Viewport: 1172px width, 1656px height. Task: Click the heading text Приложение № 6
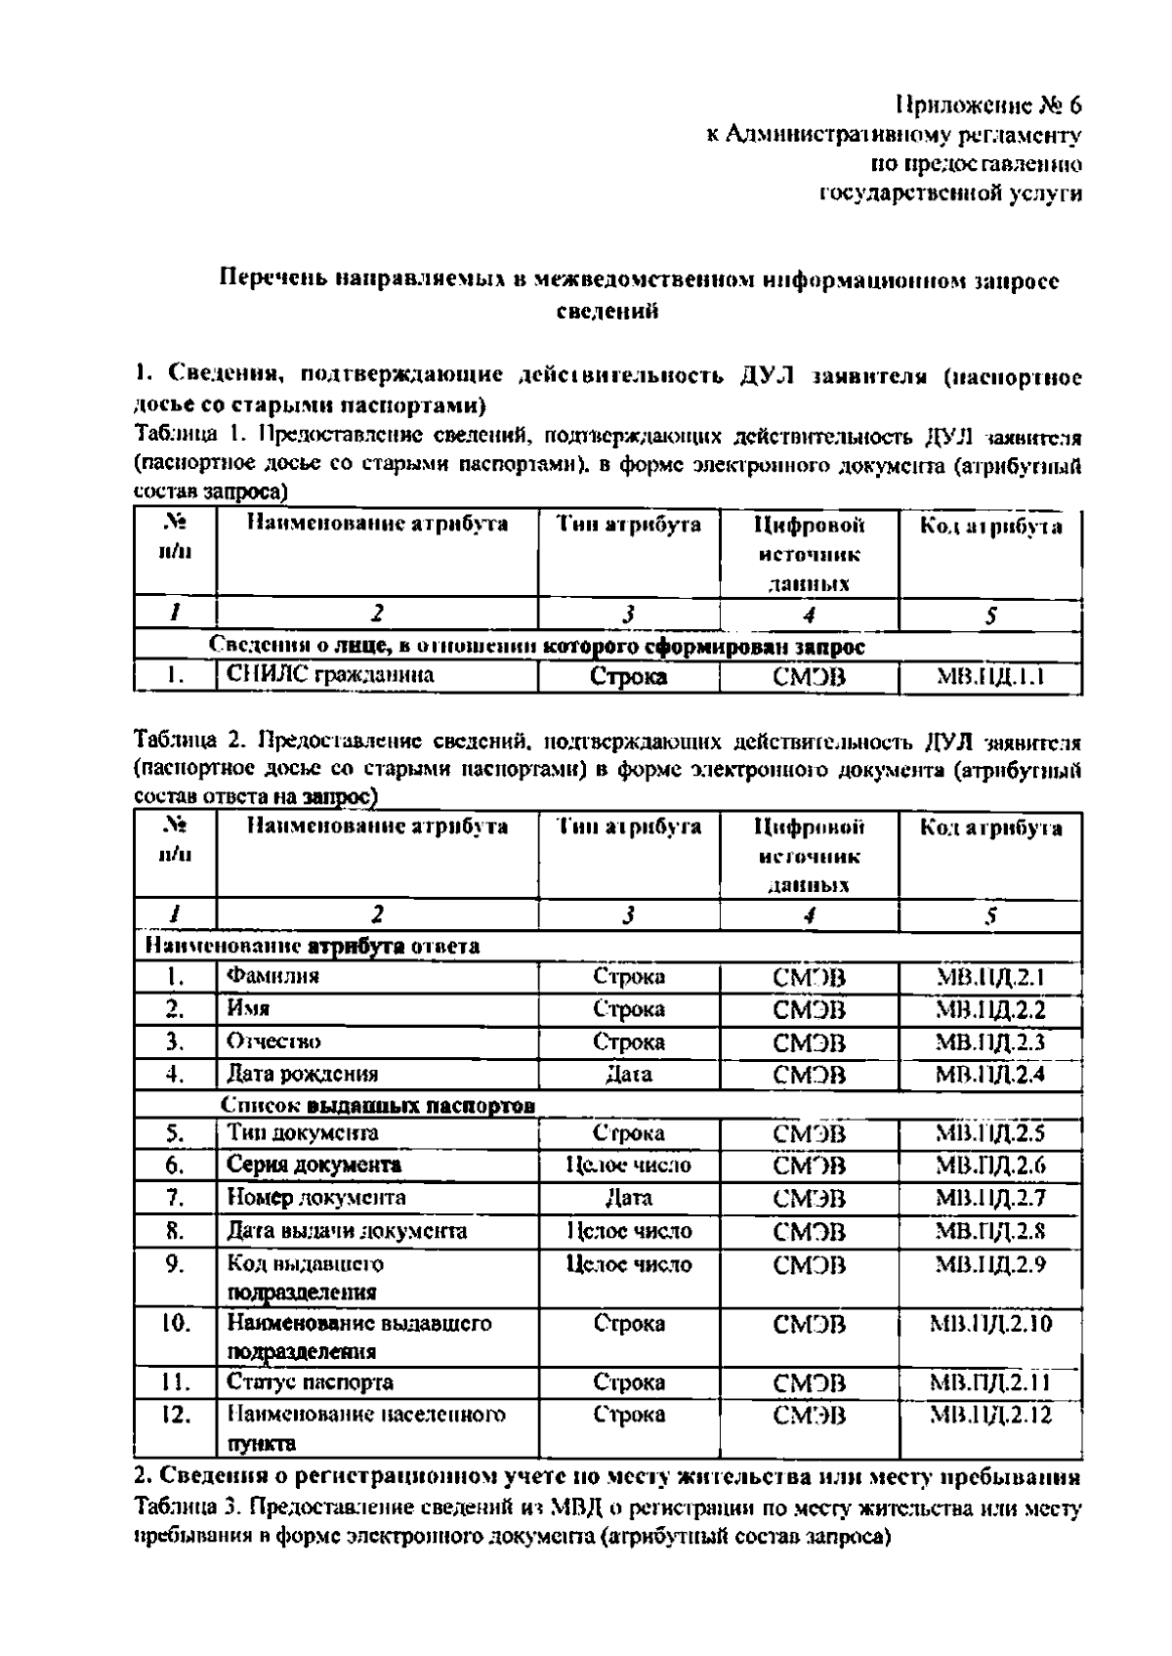[x=987, y=105]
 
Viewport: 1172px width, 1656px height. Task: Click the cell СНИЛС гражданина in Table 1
[x=330, y=675]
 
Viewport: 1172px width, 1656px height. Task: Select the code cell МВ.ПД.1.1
[x=989, y=676]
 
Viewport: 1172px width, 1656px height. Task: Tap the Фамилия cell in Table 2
[x=273, y=975]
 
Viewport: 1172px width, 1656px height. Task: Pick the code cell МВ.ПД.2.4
[x=989, y=1075]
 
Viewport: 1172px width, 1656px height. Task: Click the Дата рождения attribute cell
[x=302, y=1075]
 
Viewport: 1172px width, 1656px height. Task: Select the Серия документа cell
[x=314, y=1165]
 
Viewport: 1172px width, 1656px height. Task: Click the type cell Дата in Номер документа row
[x=628, y=1198]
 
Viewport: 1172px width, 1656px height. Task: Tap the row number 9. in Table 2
[x=175, y=1264]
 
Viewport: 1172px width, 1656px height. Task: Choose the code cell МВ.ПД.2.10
[x=989, y=1324]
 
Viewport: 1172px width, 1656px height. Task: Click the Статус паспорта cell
[x=310, y=1382]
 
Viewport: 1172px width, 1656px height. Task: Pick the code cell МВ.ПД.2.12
[x=989, y=1415]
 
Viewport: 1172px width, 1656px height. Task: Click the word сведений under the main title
[x=607, y=312]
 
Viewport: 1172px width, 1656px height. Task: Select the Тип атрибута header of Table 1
[x=628, y=526]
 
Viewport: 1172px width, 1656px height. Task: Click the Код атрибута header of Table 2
[x=989, y=828]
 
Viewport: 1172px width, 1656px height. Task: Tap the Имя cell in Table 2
[x=249, y=1008]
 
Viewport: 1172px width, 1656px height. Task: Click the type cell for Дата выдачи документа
[x=628, y=1231]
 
